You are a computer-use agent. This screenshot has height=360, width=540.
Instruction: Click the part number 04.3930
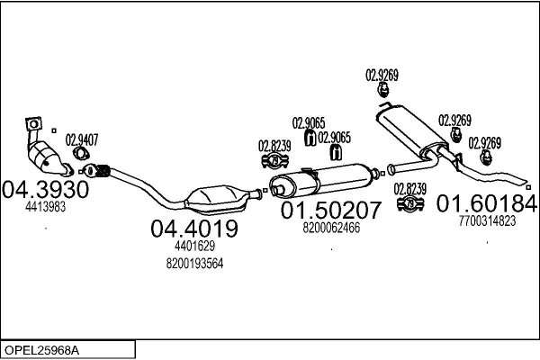coord(45,190)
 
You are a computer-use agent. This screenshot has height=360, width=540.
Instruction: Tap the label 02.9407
coord(83,139)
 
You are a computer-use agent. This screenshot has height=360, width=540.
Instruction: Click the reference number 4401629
coord(194,246)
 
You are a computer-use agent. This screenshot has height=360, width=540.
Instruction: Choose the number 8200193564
coord(194,264)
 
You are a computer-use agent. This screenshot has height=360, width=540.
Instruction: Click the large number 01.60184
coord(486,202)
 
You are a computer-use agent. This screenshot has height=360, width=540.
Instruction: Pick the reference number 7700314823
coord(486,220)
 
